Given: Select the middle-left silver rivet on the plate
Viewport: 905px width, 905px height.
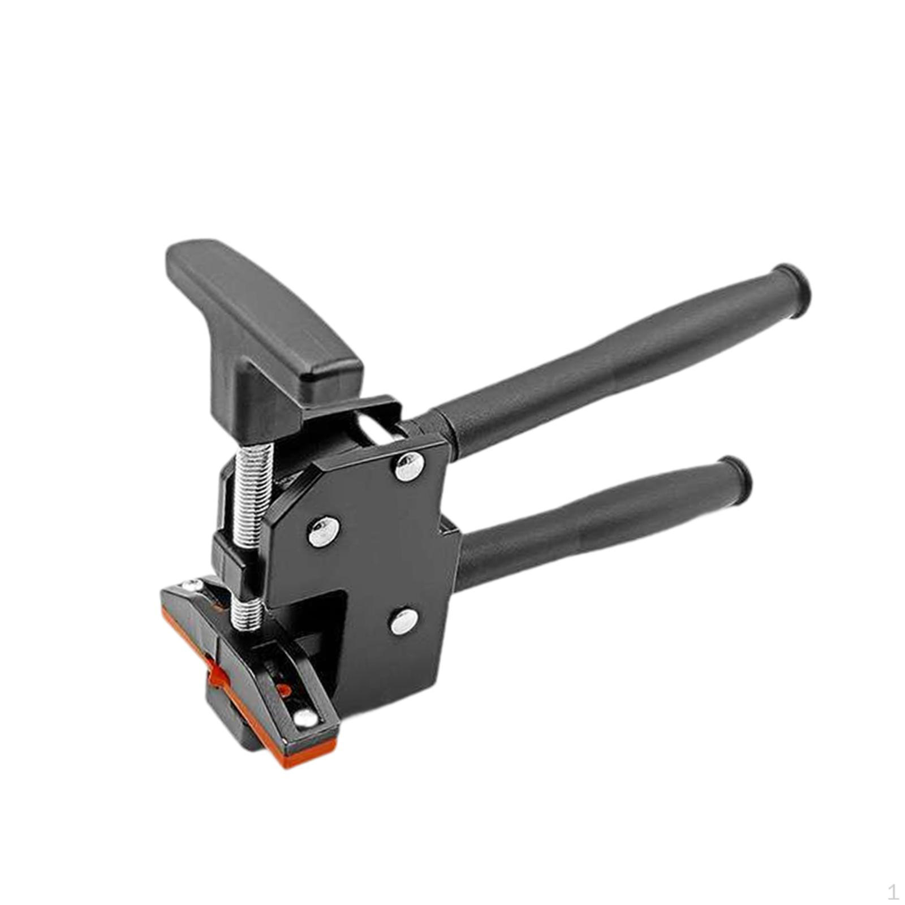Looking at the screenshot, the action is click(323, 532).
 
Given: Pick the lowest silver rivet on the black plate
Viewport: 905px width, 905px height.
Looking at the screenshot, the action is click(403, 622).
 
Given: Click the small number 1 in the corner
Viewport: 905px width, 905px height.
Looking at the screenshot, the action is click(893, 893).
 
